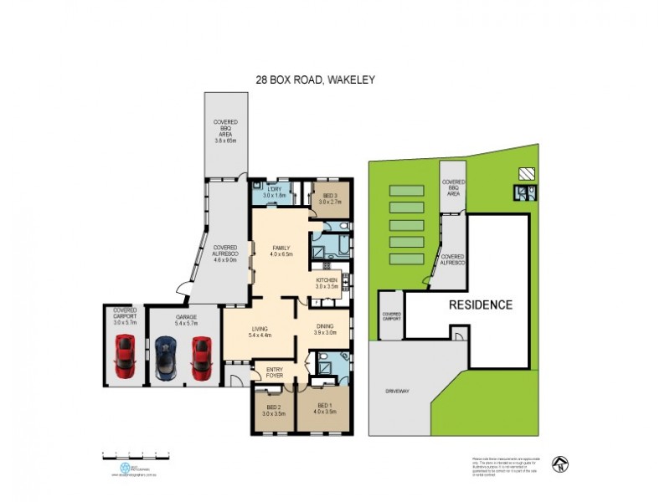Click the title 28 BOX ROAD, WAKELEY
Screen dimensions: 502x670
pyautogui.click(x=315, y=80)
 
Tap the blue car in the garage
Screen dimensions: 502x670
pyautogui.click(x=166, y=358)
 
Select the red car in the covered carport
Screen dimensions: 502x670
pyautogui.click(x=125, y=356)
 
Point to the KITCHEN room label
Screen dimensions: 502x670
pyautogui.click(x=326, y=282)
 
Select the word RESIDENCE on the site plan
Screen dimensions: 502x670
pyautogui.click(x=481, y=305)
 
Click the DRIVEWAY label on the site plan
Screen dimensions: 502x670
pyautogui.click(x=398, y=391)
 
